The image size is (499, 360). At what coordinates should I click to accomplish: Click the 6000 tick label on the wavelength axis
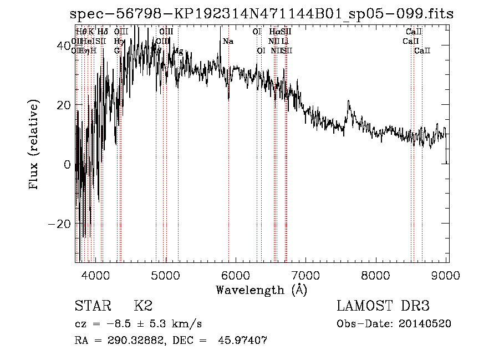coord(236,274)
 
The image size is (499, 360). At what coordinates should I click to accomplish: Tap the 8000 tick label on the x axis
coord(377,274)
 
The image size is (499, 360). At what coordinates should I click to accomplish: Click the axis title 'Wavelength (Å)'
coord(261,290)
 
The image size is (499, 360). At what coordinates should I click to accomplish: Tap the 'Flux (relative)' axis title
coord(34,145)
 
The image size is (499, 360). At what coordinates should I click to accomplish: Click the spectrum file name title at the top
coord(262,14)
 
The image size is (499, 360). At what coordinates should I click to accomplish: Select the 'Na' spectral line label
coord(228,42)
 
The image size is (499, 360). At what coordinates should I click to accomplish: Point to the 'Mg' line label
coord(178,51)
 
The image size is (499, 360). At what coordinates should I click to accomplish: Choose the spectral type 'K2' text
coord(143,306)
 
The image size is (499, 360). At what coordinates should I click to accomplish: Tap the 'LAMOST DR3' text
coord(383,306)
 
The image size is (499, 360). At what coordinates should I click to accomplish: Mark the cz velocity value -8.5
coord(116,324)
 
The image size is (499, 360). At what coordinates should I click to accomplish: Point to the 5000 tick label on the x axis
coord(166,274)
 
